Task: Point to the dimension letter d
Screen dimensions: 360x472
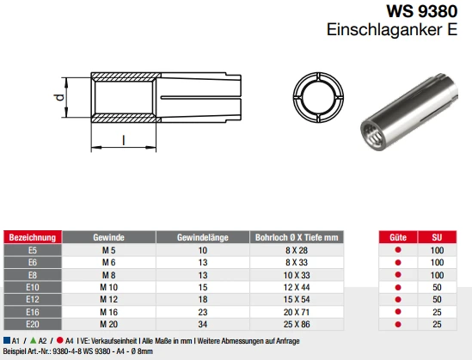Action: pyautogui.click(x=59, y=97)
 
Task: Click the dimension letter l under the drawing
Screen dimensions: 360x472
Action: pyautogui.click(x=124, y=140)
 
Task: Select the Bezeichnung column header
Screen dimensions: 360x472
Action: pyautogui.click(x=32, y=236)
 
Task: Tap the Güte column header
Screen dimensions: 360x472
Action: pyautogui.click(x=397, y=236)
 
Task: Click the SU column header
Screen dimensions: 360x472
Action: pyautogui.click(x=437, y=236)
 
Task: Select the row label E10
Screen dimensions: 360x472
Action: pyautogui.click(x=32, y=286)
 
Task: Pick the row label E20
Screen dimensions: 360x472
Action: pyautogui.click(x=32, y=324)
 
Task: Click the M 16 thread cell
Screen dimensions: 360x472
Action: pyautogui.click(x=108, y=312)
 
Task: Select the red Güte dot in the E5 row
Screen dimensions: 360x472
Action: pyautogui.click(x=397, y=249)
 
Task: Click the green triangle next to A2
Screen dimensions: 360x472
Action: pyautogui.click(x=33, y=340)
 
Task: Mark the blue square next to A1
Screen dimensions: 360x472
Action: pyautogui.click(x=6, y=340)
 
